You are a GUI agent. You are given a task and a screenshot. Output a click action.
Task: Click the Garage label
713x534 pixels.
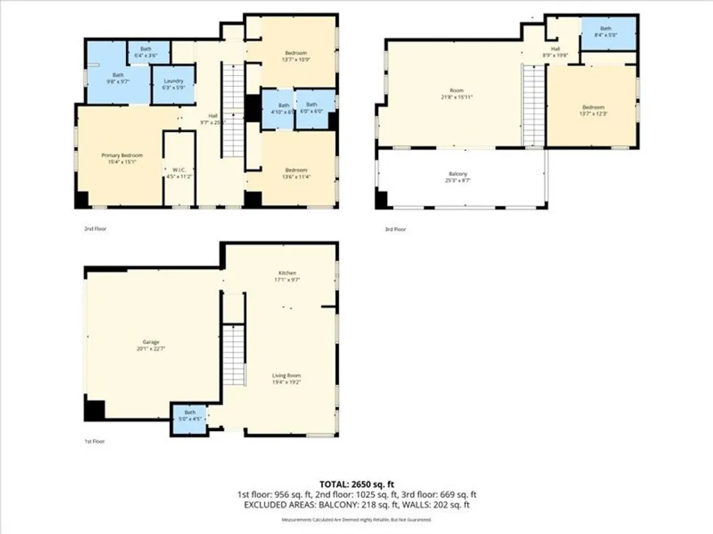click(151, 341)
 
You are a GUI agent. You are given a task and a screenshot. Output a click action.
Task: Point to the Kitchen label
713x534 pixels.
click(288, 273)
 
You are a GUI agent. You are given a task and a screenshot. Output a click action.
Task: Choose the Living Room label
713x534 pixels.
click(286, 375)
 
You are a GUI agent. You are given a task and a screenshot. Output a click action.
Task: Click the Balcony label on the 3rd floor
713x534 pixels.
click(457, 174)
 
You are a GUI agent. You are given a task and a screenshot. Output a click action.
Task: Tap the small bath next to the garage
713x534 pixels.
click(189, 415)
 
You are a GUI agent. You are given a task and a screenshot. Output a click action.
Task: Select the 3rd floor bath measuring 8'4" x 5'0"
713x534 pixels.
click(607, 32)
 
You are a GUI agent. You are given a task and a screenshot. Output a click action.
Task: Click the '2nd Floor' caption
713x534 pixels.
click(95, 228)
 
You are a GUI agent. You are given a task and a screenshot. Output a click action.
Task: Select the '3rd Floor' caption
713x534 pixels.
click(395, 228)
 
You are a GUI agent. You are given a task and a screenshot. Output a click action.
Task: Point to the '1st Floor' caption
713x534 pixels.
click(95, 441)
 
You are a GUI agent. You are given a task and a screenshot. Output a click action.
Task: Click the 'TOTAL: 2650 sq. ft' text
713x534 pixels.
click(356, 484)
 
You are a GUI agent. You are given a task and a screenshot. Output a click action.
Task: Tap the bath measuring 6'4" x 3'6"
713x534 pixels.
click(146, 51)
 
